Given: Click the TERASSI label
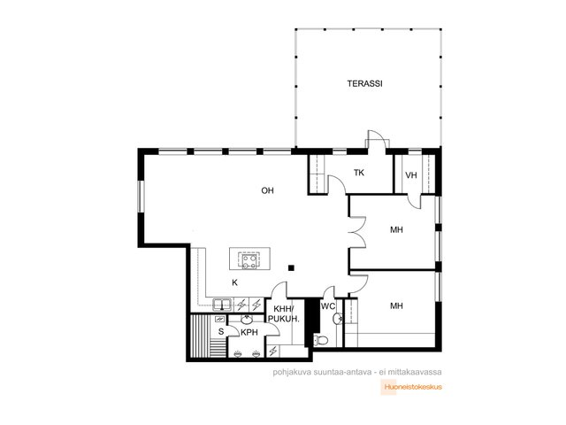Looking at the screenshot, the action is coord(364,83).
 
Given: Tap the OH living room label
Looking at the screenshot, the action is coord(267,190).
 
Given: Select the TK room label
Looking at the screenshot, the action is coord(359,173).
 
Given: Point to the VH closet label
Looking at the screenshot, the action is coord(410,175).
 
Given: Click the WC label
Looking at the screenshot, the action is coord(328,306).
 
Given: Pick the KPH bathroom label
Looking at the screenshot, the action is coord(249,333).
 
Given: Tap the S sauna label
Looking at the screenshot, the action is coord(221,331).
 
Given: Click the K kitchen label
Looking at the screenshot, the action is coord(234,282).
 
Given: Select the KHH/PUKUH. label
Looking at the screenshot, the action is coord(284,314).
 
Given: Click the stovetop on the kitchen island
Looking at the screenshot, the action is coord(249,261).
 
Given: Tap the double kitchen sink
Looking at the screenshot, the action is coord(222,305).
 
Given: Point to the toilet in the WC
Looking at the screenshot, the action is coord(320,340).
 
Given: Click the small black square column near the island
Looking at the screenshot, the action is coord(291,267).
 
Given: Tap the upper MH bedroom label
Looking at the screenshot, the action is coord(396,230).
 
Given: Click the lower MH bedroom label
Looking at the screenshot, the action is coord(396,306).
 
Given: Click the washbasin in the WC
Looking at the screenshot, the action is coord(338,319).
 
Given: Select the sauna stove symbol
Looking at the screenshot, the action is coord(219,319).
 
